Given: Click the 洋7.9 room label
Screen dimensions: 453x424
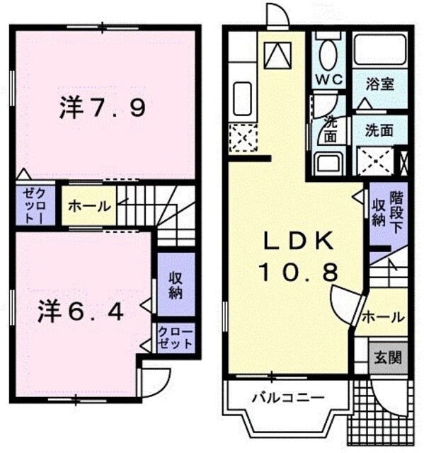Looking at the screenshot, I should pos(103,108).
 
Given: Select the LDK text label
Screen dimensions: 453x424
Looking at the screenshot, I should pos(298,242).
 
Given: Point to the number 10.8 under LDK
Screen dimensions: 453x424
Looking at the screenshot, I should pos(298,271).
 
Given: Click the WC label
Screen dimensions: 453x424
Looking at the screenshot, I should pos(328,80).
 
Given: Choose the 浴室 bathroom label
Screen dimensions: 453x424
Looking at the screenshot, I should pos(379,83).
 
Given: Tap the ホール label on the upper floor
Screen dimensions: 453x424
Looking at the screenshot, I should pos(89,207).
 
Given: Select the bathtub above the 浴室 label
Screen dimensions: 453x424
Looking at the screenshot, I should pos(379,50).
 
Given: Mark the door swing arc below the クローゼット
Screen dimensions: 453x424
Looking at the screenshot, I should pos(155,382).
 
